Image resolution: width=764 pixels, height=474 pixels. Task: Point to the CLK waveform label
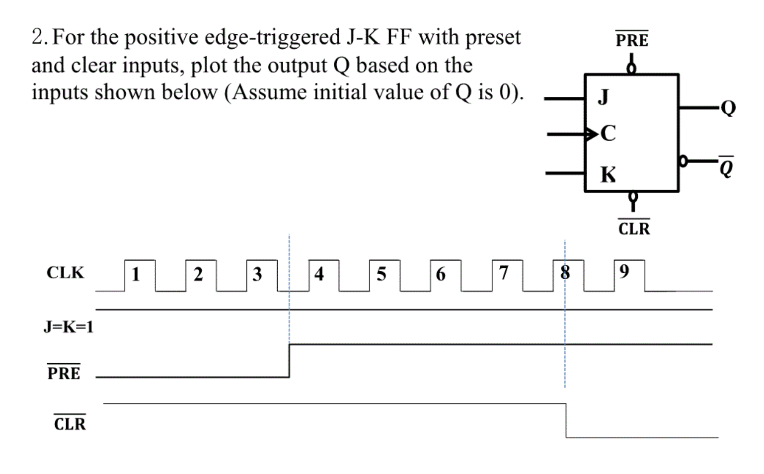65,273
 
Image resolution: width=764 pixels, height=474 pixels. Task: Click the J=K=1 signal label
69,327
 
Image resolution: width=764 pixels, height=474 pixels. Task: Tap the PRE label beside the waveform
64,373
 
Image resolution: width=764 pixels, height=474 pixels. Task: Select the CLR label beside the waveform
70,424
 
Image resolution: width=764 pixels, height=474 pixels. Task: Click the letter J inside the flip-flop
603,97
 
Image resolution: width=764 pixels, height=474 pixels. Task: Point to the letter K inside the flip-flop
608,175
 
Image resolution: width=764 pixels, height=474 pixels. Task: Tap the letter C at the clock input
608,133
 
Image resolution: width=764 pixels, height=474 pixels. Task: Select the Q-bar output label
726,168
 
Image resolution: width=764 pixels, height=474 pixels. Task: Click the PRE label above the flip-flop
632,40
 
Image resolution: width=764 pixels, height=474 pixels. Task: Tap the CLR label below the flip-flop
634,229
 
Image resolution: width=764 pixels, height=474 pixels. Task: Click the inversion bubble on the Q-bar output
684,161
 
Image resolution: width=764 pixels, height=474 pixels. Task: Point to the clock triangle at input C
591,134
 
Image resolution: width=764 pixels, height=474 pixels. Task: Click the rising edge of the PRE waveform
289,361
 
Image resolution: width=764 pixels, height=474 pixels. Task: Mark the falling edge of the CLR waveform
566,420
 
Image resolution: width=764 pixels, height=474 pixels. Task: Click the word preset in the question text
493,37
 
